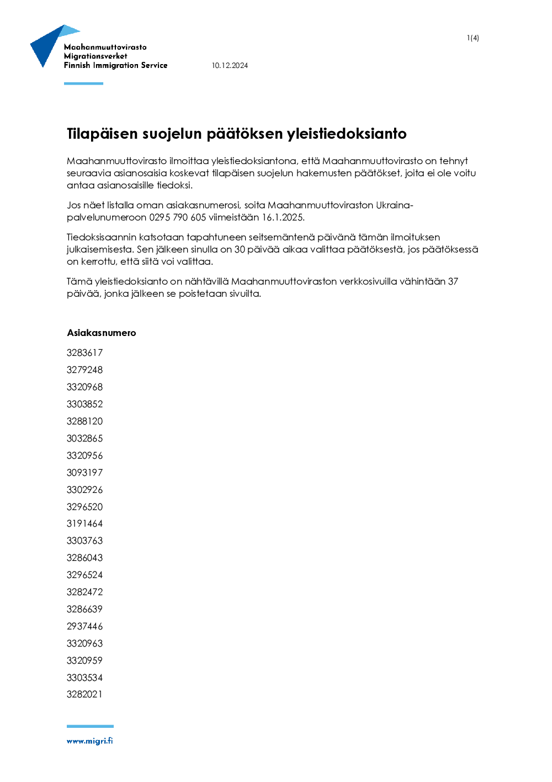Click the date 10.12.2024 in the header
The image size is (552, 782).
click(x=230, y=65)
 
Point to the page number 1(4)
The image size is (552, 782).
click(x=473, y=38)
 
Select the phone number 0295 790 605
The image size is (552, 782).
click(x=177, y=217)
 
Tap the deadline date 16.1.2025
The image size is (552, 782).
click(x=283, y=217)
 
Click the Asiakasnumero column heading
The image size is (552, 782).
click(x=101, y=333)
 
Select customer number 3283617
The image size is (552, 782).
click(x=84, y=353)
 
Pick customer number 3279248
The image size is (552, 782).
click(x=84, y=370)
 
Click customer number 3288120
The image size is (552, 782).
click(x=84, y=421)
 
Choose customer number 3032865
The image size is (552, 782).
click(x=84, y=438)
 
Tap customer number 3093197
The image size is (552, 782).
click(x=84, y=473)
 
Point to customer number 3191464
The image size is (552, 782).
click(x=84, y=523)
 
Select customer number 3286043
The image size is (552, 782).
click(x=84, y=558)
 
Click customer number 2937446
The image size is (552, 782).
click(x=84, y=626)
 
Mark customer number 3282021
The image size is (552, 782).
click(x=84, y=694)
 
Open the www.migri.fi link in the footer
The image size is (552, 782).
click(x=89, y=741)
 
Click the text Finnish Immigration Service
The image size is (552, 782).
click(x=115, y=65)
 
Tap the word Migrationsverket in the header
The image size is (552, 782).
click(x=95, y=56)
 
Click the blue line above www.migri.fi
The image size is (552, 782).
click(x=90, y=726)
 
